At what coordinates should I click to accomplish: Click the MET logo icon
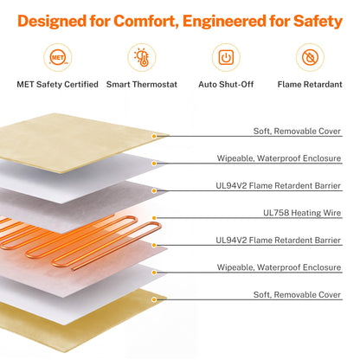pos(58,57)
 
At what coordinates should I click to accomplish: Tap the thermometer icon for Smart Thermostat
pos(142,57)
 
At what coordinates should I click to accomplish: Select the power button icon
pos(226,57)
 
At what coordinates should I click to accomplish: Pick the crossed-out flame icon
pos(310,57)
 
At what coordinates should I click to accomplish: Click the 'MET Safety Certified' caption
pos(58,84)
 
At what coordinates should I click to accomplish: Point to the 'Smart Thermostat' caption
pos(142,84)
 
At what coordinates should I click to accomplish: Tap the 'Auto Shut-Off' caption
pos(226,84)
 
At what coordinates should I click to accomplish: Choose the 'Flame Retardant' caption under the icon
pos(310,84)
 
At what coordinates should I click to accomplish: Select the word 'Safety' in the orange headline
pos(318,22)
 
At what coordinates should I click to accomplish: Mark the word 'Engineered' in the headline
pos(224,22)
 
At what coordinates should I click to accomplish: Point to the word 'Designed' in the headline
pos(52,22)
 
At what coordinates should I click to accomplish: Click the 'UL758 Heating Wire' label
pos(302,213)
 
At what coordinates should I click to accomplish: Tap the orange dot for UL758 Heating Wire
pos(154,218)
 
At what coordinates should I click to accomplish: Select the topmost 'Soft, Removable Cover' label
pos(297,132)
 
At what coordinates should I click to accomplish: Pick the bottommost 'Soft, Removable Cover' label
pos(297,294)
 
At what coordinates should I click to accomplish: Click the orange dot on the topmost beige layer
pos(154,136)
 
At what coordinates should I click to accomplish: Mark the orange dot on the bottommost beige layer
pos(154,299)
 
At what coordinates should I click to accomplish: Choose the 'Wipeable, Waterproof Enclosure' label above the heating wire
pos(279,158)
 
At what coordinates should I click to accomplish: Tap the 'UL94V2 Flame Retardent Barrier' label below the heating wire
pos(279,240)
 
